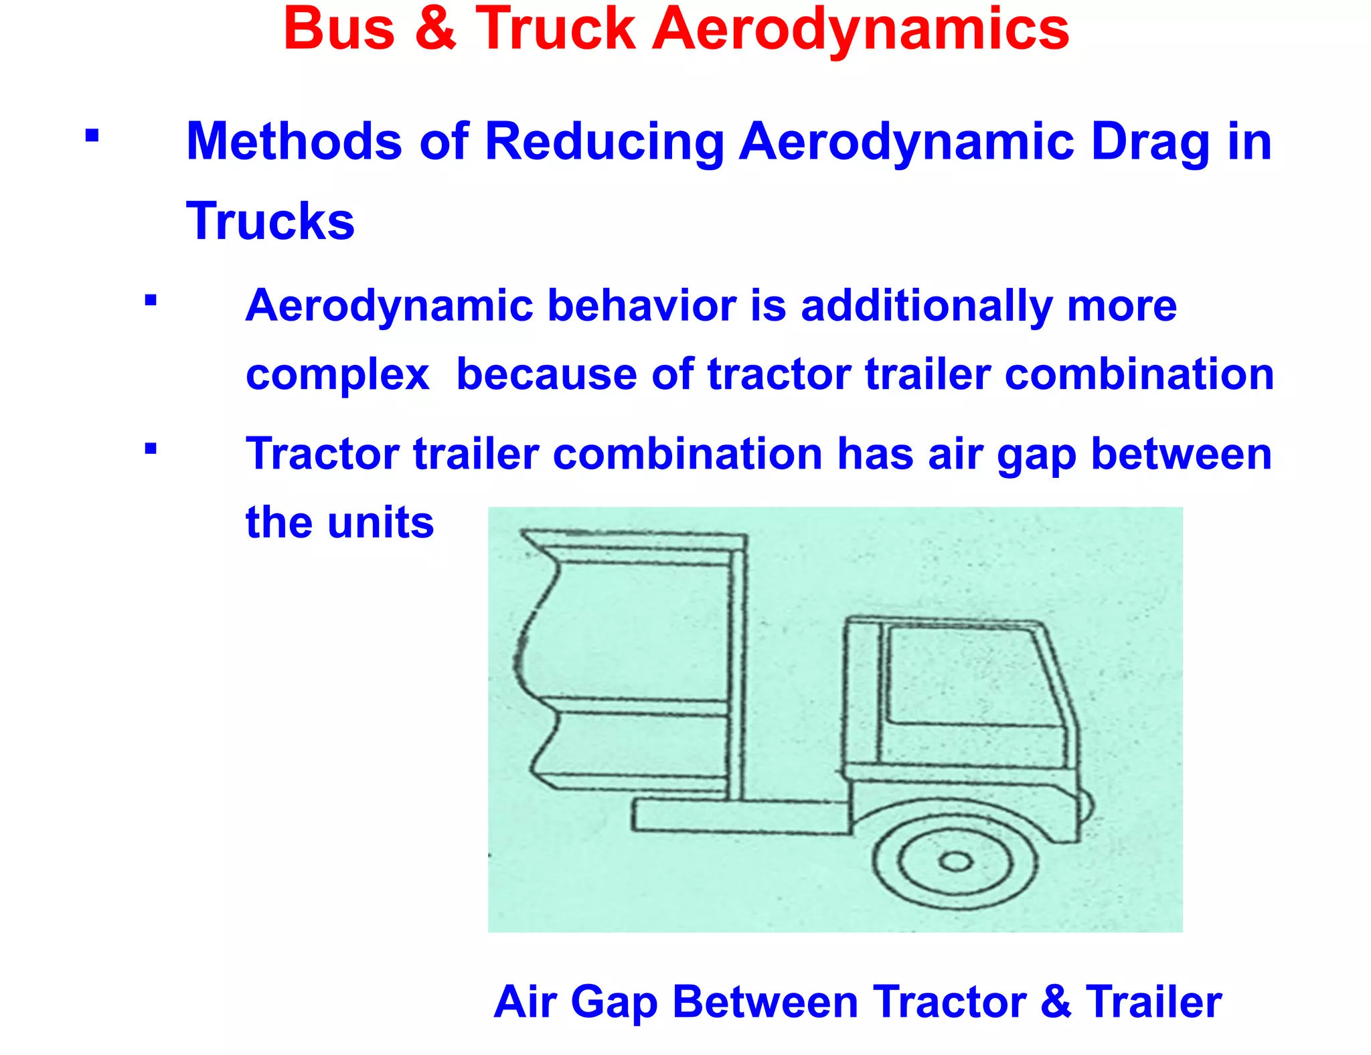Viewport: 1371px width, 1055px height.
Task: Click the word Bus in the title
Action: [x=339, y=29]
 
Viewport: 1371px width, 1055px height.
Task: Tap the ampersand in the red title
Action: [x=436, y=29]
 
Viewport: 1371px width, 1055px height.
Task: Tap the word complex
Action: [x=337, y=375]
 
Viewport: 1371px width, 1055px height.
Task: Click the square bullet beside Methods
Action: [x=92, y=136]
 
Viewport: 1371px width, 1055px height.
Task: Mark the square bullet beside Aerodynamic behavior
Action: [x=151, y=300]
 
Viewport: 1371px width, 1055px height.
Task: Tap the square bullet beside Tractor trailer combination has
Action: [x=151, y=448]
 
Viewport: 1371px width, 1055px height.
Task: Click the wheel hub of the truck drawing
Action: [x=956, y=862]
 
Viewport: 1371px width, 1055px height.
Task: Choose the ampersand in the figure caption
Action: [x=1056, y=1002]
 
